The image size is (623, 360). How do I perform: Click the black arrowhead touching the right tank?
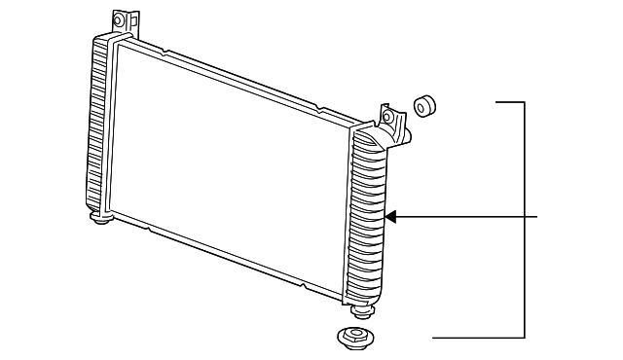(x=391, y=217)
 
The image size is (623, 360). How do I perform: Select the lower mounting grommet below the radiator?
(x=355, y=340)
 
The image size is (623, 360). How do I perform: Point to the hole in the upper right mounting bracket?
(x=387, y=118)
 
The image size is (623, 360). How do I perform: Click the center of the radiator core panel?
(x=229, y=165)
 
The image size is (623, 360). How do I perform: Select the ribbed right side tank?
(x=368, y=219)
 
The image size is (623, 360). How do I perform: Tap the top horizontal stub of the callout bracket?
(x=511, y=100)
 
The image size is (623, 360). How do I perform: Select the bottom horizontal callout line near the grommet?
(x=477, y=338)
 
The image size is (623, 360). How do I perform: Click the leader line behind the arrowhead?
(x=467, y=217)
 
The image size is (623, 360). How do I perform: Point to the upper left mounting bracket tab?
(x=120, y=21)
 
